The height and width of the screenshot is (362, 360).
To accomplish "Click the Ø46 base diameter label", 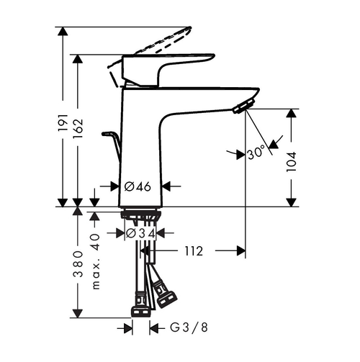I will click(x=137, y=186).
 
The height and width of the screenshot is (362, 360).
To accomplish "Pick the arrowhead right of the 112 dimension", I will click(x=241, y=251).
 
